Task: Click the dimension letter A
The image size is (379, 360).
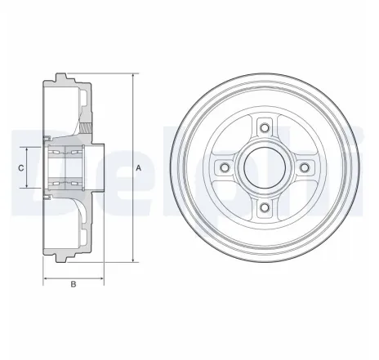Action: tap(140, 167)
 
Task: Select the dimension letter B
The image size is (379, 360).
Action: tap(73, 283)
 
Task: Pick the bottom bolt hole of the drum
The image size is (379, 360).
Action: tap(263, 210)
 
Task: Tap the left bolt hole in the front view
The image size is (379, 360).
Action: tap(221, 167)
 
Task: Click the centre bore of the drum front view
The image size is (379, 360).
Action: tap(263, 167)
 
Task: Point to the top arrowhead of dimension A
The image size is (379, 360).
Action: tap(132, 76)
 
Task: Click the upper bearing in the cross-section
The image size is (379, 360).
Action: tap(65, 152)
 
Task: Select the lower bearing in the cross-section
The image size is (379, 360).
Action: tap(65, 183)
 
